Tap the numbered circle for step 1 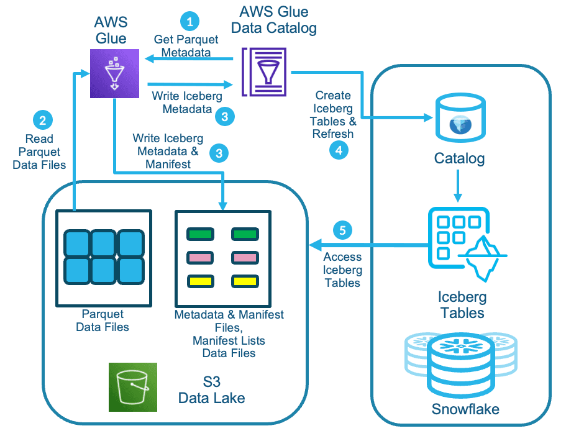[190, 22]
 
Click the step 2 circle [42, 119]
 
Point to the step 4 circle [339, 150]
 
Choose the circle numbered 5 [342, 230]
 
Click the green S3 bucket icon [133, 387]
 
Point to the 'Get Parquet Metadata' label [186, 46]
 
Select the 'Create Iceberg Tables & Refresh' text [333, 114]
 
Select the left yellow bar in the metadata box [201, 281]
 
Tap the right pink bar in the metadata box [245, 257]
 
